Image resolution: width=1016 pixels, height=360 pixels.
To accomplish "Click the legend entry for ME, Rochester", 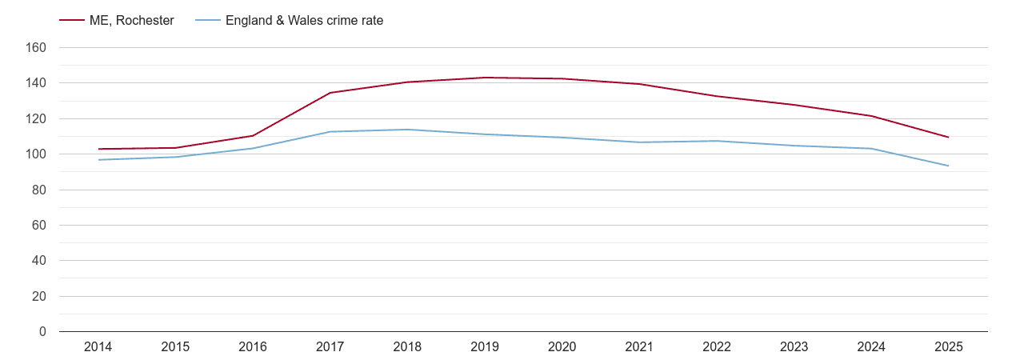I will click(x=131, y=21).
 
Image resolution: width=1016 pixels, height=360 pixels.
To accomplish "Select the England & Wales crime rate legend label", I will click(x=304, y=21).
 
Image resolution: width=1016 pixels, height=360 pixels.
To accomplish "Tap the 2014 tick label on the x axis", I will click(x=98, y=347).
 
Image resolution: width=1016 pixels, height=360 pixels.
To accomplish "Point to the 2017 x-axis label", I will click(x=330, y=347).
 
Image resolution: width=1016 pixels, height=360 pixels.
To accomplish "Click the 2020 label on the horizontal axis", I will click(x=562, y=347).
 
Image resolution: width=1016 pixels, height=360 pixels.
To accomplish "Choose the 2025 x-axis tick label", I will click(x=948, y=347).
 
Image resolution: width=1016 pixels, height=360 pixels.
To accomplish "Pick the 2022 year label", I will click(x=716, y=347).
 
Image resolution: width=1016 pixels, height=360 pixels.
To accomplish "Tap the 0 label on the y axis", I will click(x=42, y=332).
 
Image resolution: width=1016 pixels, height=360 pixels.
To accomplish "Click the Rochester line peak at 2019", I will click(x=485, y=78).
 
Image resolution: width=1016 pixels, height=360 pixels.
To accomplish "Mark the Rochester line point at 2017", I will click(x=330, y=93).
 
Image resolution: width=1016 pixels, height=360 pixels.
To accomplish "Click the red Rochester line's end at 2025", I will click(x=948, y=137).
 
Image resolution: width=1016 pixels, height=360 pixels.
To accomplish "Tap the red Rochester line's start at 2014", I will click(x=98, y=149).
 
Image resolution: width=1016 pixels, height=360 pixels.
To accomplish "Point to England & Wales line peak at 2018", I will click(x=407, y=130).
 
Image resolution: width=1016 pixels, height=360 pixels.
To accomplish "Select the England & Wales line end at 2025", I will click(x=948, y=166).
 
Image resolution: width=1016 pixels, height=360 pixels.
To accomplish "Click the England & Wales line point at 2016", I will click(x=253, y=148).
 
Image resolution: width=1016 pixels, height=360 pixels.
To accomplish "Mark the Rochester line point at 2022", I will click(x=716, y=96).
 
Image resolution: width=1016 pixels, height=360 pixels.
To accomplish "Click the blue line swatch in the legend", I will click(x=206, y=21).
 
